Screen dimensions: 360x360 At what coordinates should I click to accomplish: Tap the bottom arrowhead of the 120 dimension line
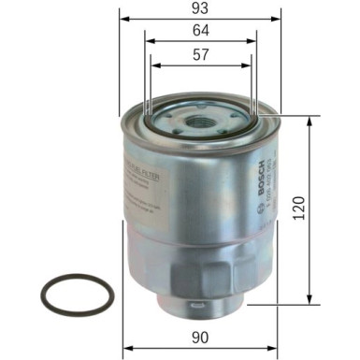point(310,303)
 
